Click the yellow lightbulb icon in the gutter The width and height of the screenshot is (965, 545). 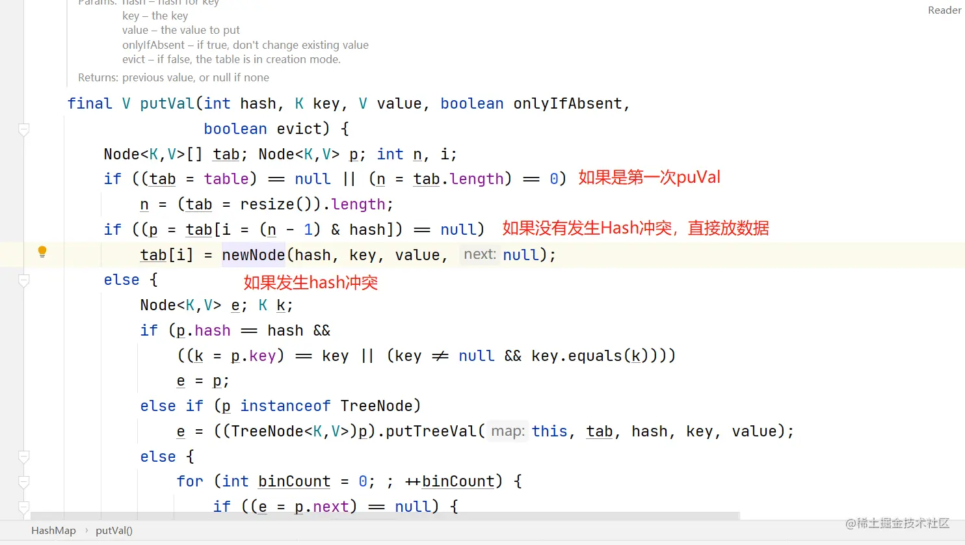[42, 252]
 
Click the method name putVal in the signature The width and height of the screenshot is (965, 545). [167, 104]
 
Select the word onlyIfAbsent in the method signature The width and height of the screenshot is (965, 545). [568, 104]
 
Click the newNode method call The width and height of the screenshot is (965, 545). [254, 255]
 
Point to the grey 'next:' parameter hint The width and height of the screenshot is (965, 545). [480, 255]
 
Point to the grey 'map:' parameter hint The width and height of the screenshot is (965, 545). [508, 431]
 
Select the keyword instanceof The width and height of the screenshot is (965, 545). [285, 406]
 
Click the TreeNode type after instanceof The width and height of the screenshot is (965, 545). [377, 406]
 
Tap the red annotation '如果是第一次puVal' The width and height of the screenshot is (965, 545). [649, 178]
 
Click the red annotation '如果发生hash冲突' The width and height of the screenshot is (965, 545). [311, 283]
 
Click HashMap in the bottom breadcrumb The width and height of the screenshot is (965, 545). [53, 530]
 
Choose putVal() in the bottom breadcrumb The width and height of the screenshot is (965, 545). [114, 530]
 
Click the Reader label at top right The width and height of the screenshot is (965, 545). [944, 10]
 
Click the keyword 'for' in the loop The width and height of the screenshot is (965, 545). [190, 482]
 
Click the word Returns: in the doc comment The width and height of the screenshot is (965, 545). [98, 77]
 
